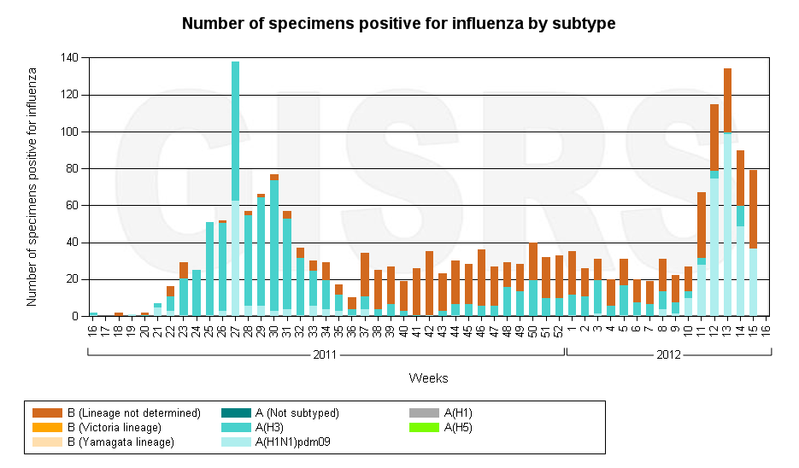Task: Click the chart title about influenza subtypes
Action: pyautogui.click(x=398, y=23)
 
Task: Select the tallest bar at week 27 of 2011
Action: pyautogui.click(x=235, y=188)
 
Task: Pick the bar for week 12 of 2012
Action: pyautogui.click(x=714, y=210)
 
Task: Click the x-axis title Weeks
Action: pyautogui.click(x=428, y=377)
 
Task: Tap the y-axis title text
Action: pyautogui.click(x=32, y=187)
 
